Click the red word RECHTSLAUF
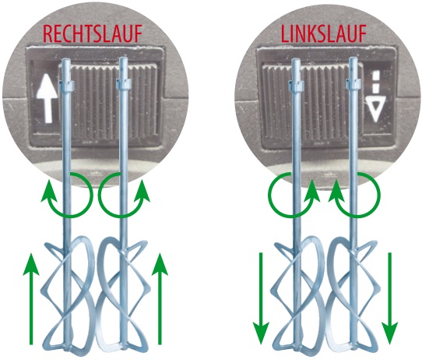93,34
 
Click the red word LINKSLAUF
324,34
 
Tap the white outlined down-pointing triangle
375,111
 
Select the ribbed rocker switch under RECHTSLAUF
107,102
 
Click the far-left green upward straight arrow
31,299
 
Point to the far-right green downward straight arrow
389,299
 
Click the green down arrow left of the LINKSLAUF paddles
261,299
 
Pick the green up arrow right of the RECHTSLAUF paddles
160,299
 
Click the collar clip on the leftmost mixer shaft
67,84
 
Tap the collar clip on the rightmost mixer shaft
353,84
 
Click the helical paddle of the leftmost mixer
68,295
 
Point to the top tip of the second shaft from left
123,58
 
